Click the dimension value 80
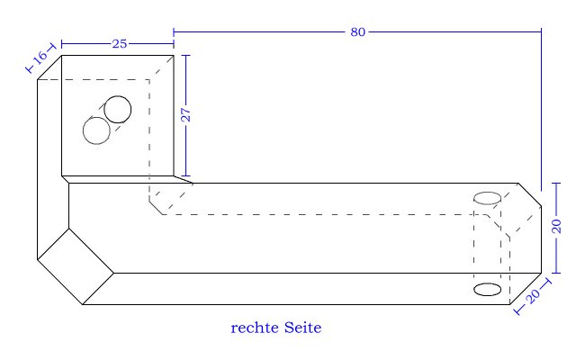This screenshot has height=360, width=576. tap(357, 32)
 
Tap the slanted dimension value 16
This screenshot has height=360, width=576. tap(40, 58)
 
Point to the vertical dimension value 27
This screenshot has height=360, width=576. tap(186, 115)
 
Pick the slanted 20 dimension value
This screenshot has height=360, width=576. tap(533, 295)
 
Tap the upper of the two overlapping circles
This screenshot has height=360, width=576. tap(118, 109)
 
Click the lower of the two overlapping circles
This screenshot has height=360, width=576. tap(96, 130)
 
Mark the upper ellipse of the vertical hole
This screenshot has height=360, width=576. tap(487, 197)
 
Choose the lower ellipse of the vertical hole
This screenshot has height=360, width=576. tap(487, 289)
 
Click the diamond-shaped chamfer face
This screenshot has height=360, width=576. tap(76, 265)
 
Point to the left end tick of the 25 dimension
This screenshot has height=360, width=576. tap(61, 43)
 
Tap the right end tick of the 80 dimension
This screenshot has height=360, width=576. tap(541, 32)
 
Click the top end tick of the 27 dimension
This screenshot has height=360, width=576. tap(185, 55)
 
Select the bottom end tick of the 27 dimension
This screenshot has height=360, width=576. tap(185, 176)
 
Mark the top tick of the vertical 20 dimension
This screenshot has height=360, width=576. tap(556, 183)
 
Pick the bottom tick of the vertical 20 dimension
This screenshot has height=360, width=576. tap(556, 271)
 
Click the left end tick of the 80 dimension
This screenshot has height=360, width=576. tap(174, 32)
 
